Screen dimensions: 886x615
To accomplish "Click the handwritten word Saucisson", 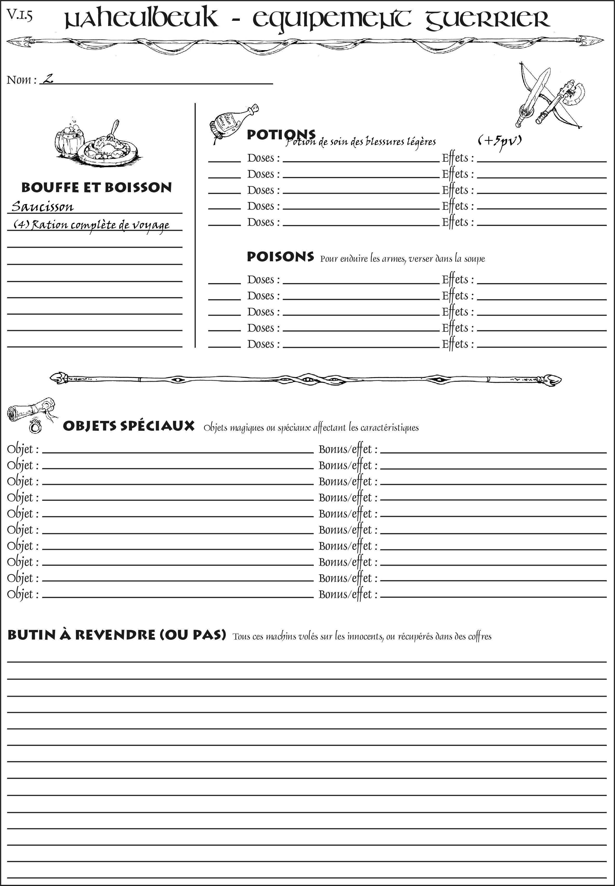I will pos(42,207).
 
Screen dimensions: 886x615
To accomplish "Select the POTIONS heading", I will pos(281,135).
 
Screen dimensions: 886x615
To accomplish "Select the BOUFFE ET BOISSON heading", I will pos(96,187).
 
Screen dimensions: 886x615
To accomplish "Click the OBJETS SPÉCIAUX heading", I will pos(129,426).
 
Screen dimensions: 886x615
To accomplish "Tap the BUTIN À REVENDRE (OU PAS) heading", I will pos(116,635).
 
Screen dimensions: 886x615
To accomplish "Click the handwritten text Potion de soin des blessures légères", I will pos(361,142).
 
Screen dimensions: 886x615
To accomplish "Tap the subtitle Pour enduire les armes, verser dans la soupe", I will pos(402,258).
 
